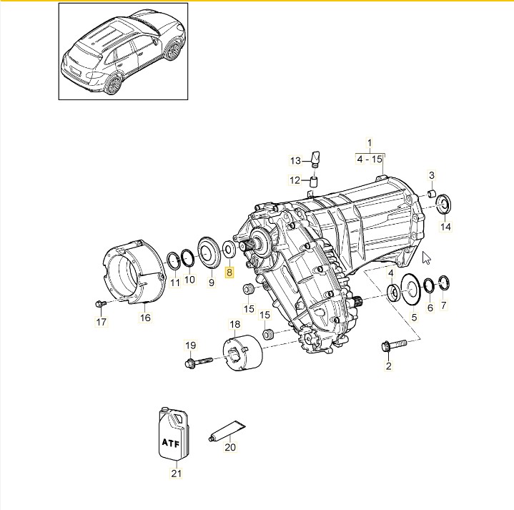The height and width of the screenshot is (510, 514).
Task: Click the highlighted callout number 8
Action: [229, 272]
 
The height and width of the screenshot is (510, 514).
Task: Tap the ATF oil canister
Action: [174, 435]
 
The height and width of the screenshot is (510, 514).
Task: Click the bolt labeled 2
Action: [391, 345]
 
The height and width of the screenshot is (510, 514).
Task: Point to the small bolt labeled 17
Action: [99, 305]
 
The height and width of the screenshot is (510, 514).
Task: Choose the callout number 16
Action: [145, 318]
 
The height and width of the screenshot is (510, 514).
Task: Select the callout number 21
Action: [175, 473]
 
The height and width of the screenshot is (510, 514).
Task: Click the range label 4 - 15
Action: [370, 160]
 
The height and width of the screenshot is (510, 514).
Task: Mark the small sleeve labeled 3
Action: [433, 193]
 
